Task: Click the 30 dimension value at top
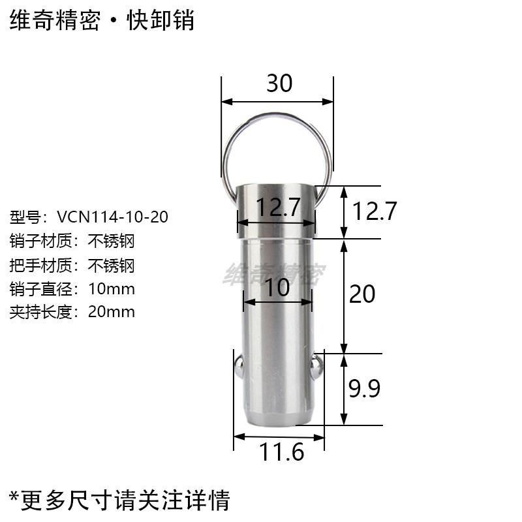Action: pyautogui.click(x=279, y=84)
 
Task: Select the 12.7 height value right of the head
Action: pyautogui.click(x=375, y=211)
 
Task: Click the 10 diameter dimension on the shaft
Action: pyautogui.click(x=277, y=287)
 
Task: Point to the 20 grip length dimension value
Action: pyautogui.click(x=362, y=294)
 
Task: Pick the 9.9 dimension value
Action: pyautogui.click(x=363, y=389)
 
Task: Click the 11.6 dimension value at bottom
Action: pyautogui.click(x=282, y=452)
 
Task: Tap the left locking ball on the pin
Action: pyautogui.click(x=240, y=367)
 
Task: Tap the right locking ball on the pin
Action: pyautogui.click(x=317, y=367)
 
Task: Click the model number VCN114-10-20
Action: pyautogui.click(x=112, y=217)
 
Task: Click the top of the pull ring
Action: pyautogui.click(x=277, y=115)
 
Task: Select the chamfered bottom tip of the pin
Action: pyautogui.click(x=278, y=420)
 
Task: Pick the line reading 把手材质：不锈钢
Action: pyautogui.click(x=72, y=265)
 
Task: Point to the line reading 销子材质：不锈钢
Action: pyautogui.click(x=72, y=241)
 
